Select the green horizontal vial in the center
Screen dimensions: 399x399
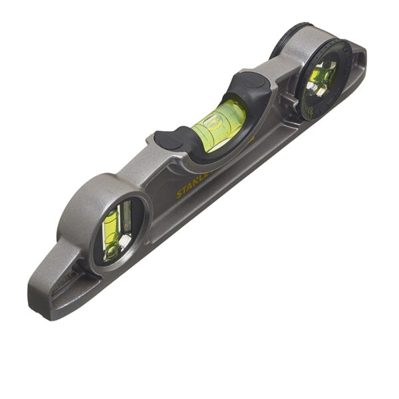[x=217, y=124]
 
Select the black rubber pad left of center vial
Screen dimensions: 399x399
[x=170, y=139]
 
